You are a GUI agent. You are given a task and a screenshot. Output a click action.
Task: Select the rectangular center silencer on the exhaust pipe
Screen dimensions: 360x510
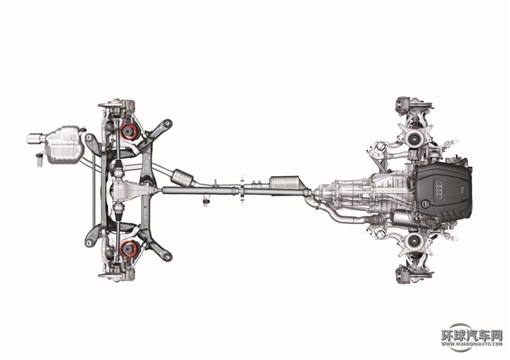coord(285,185)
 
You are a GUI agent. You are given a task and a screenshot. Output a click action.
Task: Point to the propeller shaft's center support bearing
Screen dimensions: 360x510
coord(242,190)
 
